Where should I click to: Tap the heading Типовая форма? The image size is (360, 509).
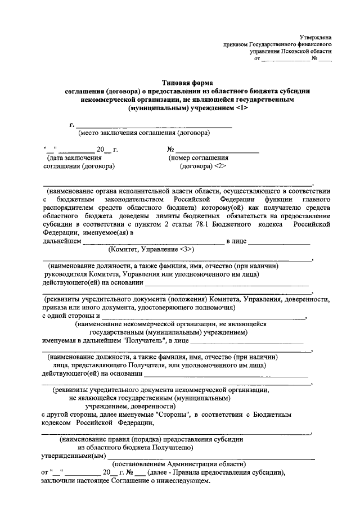point(179,83)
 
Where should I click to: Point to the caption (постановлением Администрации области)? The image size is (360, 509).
point(179,464)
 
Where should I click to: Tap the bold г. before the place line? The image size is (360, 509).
point(72,124)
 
